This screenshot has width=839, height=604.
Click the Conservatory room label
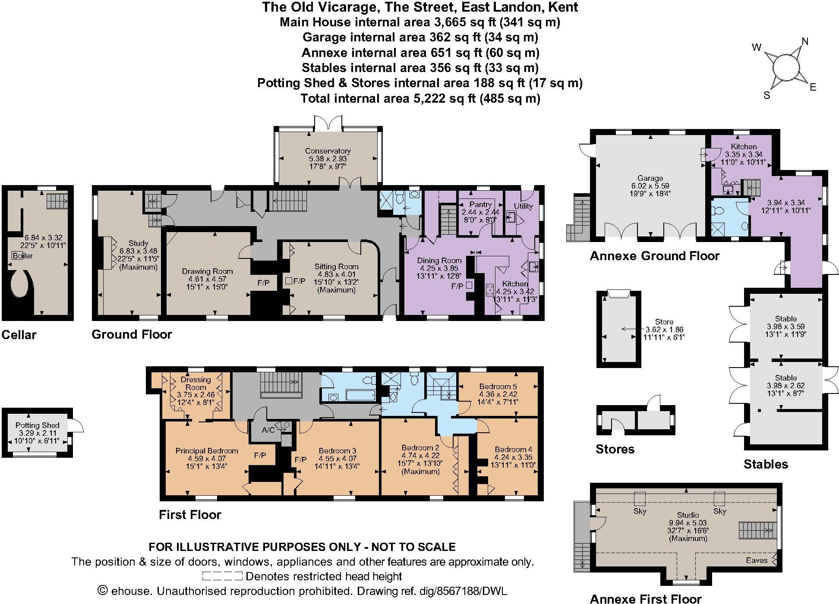click(328, 151)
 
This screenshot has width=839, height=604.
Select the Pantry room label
click(480, 204)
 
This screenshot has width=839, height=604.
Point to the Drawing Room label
click(207, 271)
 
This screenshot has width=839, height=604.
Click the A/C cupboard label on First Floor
click(268, 430)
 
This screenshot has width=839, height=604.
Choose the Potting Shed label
click(37, 425)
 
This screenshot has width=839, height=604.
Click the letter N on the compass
click(804, 41)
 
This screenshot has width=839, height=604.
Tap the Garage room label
click(650, 178)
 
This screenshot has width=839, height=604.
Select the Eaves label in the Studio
click(757, 560)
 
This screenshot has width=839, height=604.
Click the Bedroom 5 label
click(498, 386)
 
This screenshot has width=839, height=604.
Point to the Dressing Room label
click(196, 383)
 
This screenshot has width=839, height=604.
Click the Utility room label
click(523, 206)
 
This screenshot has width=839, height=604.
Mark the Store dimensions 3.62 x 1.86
click(664, 330)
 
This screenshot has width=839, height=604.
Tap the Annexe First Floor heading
click(645, 598)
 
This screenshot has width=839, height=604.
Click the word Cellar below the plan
click(19, 335)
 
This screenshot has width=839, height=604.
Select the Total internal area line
click(420, 98)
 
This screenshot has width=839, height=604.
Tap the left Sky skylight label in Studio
click(640, 511)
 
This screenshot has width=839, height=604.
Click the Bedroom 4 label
click(513, 449)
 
